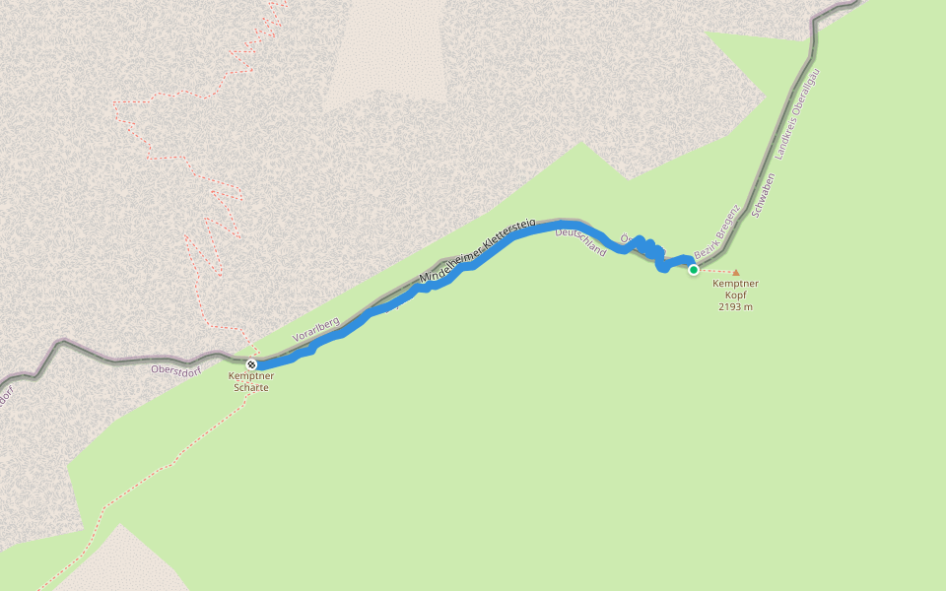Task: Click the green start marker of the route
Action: click(x=694, y=270)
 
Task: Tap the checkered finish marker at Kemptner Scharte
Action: click(x=251, y=364)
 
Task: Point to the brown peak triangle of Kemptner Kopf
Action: click(x=735, y=273)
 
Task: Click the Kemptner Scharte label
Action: click(x=251, y=381)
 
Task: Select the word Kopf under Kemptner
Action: click(x=735, y=295)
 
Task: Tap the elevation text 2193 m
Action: click(x=735, y=306)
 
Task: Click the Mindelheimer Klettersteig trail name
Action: click(x=477, y=252)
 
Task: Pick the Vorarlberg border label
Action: click(x=316, y=329)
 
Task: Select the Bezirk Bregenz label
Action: click(x=716, y=231)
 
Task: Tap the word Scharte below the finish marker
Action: click(x=251, y=387)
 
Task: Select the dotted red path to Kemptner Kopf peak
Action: click(x=715, y=271)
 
